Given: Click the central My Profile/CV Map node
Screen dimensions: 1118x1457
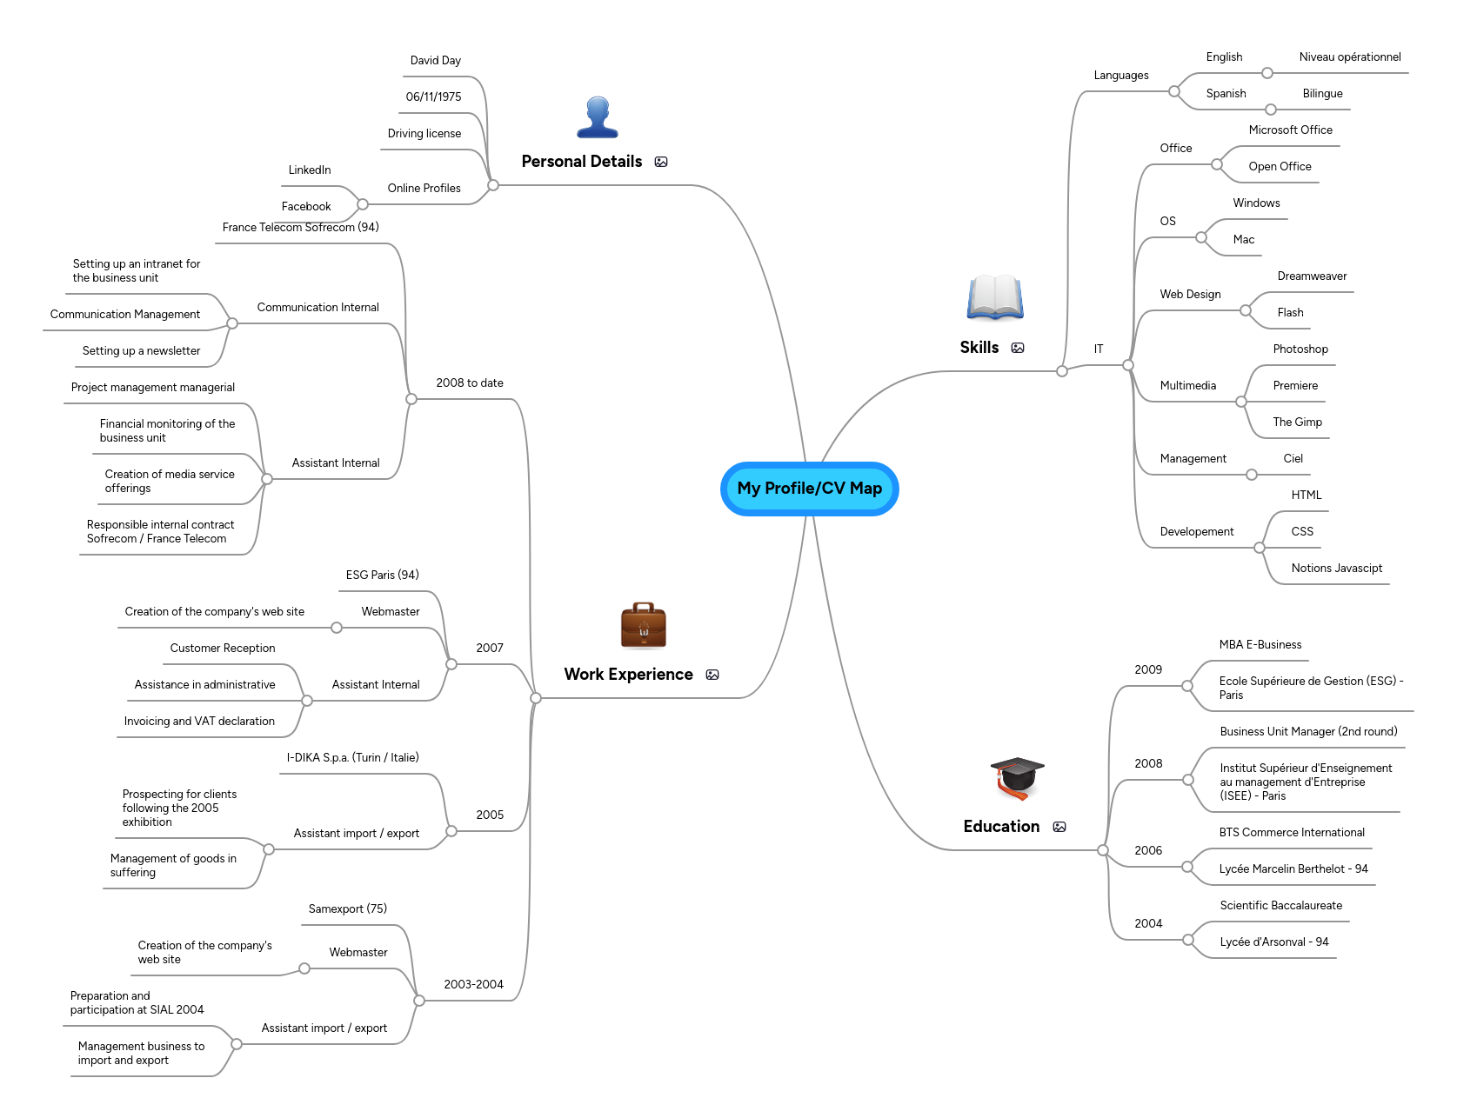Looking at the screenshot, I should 809,489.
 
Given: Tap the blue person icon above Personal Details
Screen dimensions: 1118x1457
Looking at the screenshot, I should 598,117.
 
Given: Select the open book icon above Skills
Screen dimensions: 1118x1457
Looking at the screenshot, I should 995,297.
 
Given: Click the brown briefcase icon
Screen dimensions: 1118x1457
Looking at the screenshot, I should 644,626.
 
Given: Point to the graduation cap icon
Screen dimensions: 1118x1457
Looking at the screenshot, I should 1017,777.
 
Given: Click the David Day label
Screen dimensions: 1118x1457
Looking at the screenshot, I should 435,61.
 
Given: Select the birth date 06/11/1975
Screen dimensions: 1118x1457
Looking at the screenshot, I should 433,97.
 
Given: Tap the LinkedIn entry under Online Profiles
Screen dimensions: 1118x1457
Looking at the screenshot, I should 310,170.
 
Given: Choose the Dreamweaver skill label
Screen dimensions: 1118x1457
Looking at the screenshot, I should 1312,276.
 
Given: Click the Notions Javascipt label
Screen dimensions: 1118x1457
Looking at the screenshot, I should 1336,569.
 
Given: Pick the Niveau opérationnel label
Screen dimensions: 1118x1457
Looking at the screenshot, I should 1350,57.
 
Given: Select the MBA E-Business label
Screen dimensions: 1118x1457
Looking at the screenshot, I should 1260,645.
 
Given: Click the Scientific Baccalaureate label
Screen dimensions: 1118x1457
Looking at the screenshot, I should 1280,906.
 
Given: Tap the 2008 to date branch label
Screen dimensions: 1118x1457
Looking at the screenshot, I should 470,383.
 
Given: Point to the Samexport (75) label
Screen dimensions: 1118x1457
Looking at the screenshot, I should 347,909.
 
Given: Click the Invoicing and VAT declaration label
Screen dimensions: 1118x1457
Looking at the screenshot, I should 199,722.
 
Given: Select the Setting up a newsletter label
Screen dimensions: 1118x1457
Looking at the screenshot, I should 141,351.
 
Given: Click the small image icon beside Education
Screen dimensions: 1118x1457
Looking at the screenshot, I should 1059,827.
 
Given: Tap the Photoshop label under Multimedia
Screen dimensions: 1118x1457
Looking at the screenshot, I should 1300,349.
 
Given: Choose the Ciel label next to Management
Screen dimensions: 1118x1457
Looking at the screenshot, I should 1293,459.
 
